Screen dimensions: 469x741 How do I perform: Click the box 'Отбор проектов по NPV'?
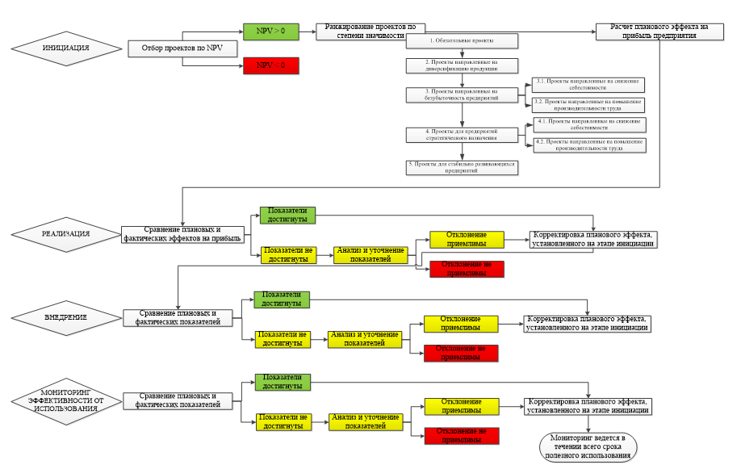(x=182, y=48)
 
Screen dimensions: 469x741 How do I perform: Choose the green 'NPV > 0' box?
(x=270, y=31)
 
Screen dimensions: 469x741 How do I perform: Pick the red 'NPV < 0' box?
(x=270, y=65)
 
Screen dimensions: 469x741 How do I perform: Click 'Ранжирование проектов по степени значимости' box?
(x=370, y=31)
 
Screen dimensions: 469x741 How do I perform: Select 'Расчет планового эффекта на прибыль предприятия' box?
(x=654, y=31)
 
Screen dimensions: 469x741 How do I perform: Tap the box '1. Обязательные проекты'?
(x=461, y=40)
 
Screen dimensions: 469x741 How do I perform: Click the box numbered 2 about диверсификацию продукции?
(x=461, y=65)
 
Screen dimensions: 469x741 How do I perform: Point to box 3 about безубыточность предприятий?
(x=461, y=95)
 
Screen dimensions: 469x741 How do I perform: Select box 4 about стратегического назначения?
(x=461, y=134)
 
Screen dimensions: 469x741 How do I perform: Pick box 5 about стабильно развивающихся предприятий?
(x=461, y=167)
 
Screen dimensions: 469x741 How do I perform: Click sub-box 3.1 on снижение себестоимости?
(x=588, y=84)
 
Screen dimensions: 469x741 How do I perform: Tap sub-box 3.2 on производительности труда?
(x=588, y=105)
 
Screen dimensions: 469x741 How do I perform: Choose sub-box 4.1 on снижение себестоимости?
(x=588, y=124)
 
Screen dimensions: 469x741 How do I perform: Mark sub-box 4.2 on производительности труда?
(x=588, y=145)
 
